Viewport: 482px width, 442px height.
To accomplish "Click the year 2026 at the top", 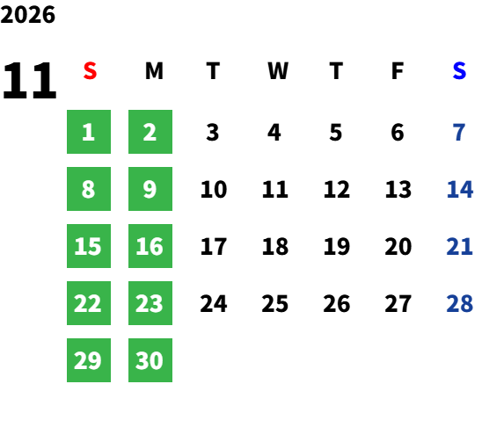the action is coord(27,15).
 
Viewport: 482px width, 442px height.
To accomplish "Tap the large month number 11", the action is coord(30,80).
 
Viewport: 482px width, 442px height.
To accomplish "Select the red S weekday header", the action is coord(90,71).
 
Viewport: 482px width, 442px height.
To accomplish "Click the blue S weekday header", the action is coord(459,71).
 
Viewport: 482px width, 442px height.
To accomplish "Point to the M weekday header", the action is coord(154,71).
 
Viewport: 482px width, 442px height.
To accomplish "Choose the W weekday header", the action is coord(278,71).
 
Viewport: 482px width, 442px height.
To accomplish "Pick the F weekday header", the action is coord(398,71).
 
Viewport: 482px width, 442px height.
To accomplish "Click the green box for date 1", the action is coord(89,132).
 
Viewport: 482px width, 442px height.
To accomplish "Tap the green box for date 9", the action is coord(150,189).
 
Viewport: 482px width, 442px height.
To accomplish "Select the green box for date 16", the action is coord(150,246).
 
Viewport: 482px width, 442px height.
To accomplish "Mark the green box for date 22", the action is coord(89,303).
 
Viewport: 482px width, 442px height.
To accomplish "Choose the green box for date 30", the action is coord(150,360).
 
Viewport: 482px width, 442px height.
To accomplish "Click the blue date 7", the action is coord(459,133).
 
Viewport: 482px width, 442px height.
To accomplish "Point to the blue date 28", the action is coord(459,303).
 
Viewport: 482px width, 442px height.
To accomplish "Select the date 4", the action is coord(274,133).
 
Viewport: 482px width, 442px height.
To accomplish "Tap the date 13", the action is coord(398,189).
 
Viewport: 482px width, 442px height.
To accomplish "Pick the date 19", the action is coord(337,246).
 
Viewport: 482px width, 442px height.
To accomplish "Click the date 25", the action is coord(274,303).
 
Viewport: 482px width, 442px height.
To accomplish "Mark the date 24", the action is coord(214,303).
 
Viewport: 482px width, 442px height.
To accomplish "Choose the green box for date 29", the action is coord(89,360).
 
